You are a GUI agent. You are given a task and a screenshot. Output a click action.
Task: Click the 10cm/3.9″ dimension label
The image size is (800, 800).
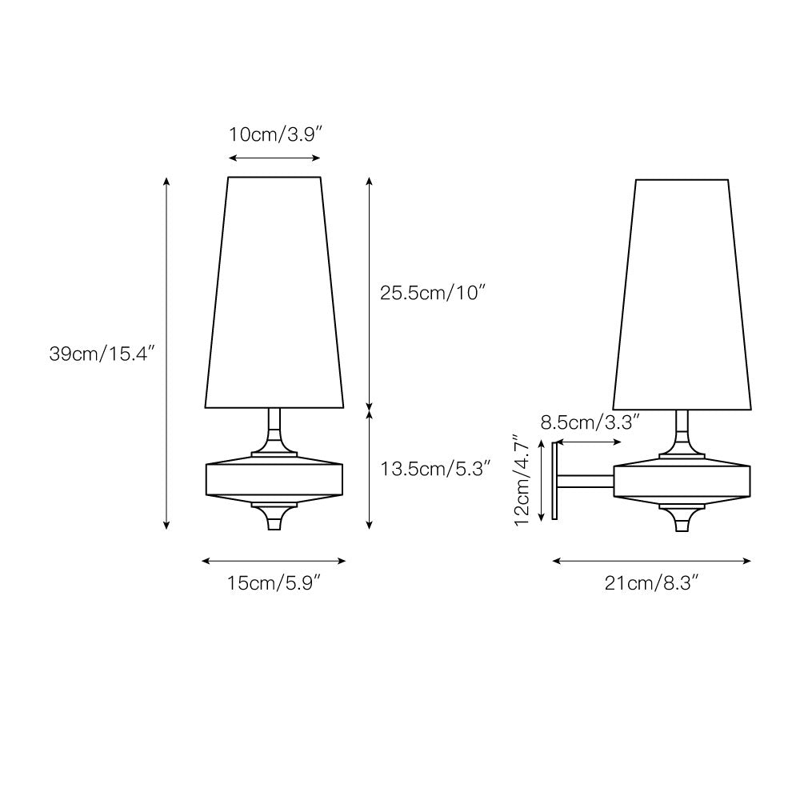point(274,134)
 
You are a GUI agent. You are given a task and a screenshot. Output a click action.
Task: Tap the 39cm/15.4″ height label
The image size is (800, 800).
point(101,353)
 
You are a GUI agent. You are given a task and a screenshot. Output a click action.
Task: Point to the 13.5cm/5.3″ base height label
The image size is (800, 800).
point(435,468)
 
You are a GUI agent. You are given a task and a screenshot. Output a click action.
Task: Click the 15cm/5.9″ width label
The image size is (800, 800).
point(274,585)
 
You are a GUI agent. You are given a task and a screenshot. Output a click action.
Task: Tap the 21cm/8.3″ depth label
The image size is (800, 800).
point(652,585)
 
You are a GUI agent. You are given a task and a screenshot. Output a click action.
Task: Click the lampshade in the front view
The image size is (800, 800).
point(274,292)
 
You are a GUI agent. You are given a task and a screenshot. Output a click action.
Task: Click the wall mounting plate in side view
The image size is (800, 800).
point(554,480)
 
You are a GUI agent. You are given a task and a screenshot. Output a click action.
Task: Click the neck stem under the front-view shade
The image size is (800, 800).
point(274,428)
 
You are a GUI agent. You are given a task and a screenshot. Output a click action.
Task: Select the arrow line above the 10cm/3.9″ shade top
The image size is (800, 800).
point(274,158)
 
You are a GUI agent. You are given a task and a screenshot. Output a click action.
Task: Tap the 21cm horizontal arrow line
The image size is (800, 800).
point(652,562)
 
